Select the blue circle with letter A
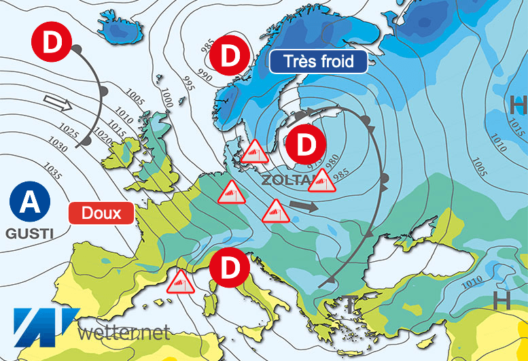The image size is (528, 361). (29, 202)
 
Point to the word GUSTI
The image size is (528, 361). (29, 233)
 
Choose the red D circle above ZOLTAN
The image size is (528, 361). (302, 145)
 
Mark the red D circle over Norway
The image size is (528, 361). (230, 57)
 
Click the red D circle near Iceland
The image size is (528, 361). (52, 41)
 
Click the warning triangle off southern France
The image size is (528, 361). (179, 281)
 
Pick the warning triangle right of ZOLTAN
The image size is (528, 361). (323, 181)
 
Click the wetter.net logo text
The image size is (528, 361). (123, 332)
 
